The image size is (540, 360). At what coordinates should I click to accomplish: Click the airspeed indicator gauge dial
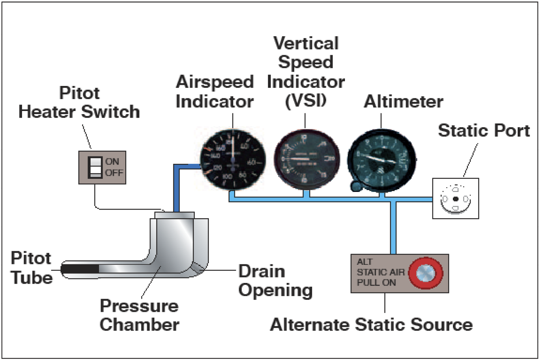click(233, 160)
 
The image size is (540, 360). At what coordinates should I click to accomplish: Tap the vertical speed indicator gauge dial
click(306, 159)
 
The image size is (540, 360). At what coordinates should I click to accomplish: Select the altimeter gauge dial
click(382, 160)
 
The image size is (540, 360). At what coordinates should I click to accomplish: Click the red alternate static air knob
click(425, 273)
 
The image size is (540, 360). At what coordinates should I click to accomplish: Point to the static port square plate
click(456, 199)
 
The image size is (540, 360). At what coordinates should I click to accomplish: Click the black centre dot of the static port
click(456, 199)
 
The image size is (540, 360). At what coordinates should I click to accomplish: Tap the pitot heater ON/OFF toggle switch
click(95, 167)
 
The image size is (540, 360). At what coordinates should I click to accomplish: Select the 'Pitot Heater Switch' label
click(79, 103)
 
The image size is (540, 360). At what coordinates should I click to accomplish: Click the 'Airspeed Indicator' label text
click(215, 92)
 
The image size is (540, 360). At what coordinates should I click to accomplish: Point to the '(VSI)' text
click(306, 101)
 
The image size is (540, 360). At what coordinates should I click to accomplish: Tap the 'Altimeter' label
click(403, 102)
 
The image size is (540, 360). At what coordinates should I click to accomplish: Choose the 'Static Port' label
click(484, 131)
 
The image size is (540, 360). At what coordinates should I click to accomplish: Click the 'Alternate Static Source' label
click(371, 325)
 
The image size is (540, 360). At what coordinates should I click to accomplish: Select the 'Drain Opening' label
click(275, 281)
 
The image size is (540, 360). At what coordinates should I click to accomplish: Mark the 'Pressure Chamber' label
click(139, 315)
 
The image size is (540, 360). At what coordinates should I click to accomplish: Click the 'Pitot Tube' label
click(32, 268)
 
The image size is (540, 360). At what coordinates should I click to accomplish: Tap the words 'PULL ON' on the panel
click(376, 283)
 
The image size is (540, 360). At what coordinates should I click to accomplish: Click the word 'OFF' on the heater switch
click(114, 173)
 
